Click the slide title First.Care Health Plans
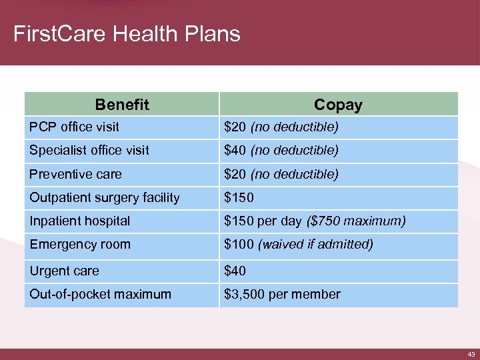(127, 34)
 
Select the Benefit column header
(122, 105)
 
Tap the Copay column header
(338, 105)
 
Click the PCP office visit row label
(75, 127)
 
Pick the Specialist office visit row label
(89, 151)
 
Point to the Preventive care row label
(75, 174)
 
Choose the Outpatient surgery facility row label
(104, 197)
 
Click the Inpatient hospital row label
(79, 221)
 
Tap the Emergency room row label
(79, 244)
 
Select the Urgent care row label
(64, 271)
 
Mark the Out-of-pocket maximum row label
(100, 294)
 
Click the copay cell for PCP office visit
(281, 127)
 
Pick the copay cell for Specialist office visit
(281, 151)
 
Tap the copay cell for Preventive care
(281, 174)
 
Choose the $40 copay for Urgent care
(235, 271)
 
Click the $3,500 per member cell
(282, 294)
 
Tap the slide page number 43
(471, 354)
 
